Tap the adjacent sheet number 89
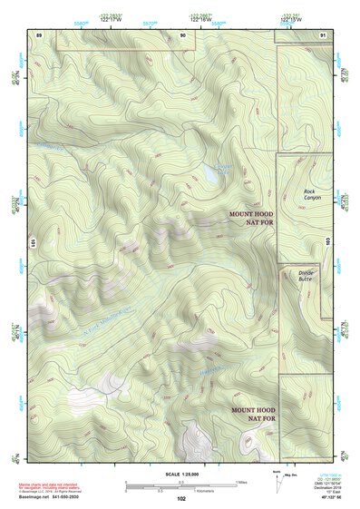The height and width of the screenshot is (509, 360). (38, 34)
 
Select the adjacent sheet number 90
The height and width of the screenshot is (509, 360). (182, 34)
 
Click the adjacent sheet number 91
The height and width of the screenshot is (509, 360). (324, 34)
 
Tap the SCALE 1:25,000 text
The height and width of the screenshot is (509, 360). (180, 475)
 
